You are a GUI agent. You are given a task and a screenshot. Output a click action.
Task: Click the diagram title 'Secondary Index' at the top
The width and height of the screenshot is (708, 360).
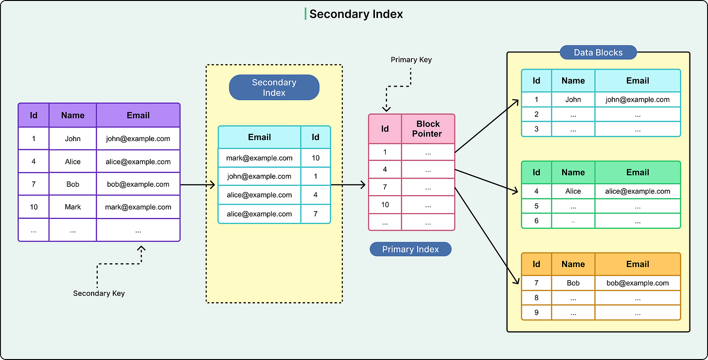click(x=355, y=14)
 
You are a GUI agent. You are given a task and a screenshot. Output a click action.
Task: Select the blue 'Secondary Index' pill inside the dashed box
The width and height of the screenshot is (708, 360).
click(x=274, y=88)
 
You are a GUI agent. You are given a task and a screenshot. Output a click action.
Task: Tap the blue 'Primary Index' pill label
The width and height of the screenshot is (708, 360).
click(x=410, y=250)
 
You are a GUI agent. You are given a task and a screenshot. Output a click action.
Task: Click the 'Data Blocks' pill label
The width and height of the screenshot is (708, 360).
click(x=598, y=53)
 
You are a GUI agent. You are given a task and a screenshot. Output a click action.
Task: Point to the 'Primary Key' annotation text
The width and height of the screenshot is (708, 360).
click(x=411, y=60)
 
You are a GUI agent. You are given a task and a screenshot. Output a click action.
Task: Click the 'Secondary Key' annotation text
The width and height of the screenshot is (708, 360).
click(x=99, y=293)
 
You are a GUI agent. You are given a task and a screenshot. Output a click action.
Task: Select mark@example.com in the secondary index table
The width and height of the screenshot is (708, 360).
click(x=259, y=158)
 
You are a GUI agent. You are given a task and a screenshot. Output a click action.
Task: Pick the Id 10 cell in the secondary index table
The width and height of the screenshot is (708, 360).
click(x=316, y=158)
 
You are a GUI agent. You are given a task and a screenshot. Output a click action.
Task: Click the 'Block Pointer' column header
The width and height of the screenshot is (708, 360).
click(x=428, y=129)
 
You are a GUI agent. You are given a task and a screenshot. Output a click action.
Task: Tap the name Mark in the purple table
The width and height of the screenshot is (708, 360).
click(x=73, y=207)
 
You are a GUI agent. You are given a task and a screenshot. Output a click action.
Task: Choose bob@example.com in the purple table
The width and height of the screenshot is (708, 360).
click(x=138, y=184)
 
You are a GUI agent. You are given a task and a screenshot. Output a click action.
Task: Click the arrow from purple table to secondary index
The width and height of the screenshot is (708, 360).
click(x=197, y=185)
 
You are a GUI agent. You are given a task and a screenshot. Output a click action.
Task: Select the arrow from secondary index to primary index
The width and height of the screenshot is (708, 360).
click(x=348, y=185)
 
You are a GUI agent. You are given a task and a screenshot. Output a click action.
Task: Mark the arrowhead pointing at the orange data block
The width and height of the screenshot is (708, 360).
click(x=515, y=281)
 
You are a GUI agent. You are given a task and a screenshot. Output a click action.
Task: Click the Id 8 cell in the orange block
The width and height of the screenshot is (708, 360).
click(x=536, y=298)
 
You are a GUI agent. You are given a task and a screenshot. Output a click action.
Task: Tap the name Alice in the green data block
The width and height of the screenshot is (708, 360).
click(x=573, y=191)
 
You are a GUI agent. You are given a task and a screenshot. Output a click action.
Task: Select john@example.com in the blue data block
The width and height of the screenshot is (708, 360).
click(x=637, y=100)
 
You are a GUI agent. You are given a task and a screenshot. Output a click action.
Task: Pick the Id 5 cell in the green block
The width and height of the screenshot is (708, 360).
click(x=536, y=206)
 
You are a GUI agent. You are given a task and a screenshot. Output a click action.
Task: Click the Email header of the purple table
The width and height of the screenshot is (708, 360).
click(x=138, y=115)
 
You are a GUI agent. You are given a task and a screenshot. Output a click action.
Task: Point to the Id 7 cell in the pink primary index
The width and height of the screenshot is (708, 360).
click(x=385, y=187)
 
